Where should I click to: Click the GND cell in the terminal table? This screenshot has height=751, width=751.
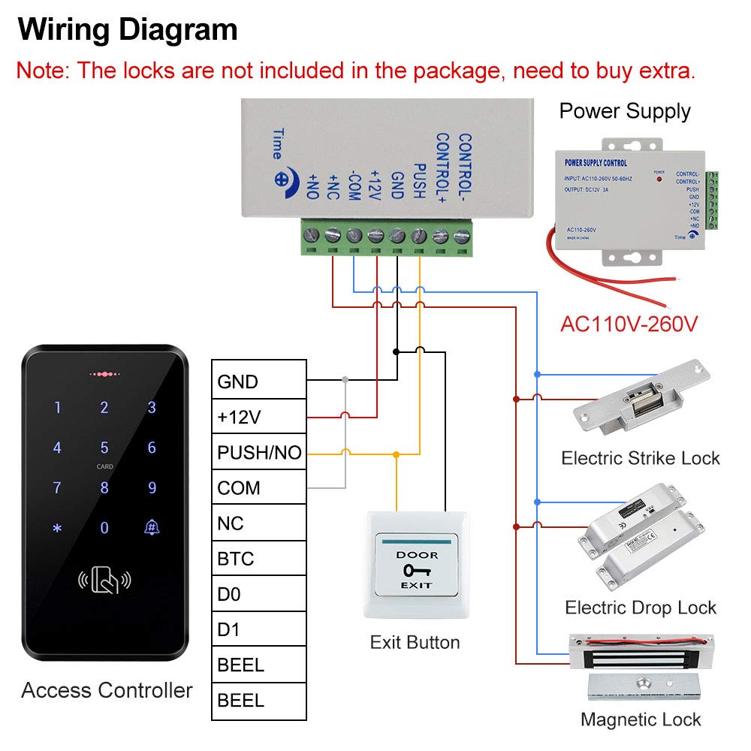tap(259, 382)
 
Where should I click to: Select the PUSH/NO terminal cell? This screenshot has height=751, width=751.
tap(259, 452)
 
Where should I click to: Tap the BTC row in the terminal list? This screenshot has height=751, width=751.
tap(259, 559)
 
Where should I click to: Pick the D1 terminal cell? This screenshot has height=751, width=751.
tap(259, 629)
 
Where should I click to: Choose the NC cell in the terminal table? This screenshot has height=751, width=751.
tap(259, 523)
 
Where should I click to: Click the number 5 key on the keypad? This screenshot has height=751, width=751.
tap(104, 448)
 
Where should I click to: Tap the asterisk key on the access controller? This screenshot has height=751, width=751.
tap(57, 528)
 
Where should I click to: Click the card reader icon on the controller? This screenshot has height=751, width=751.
tap(104, 581)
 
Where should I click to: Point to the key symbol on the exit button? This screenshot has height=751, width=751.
tap(415, 570)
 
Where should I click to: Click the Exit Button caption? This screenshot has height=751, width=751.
tap(415, 642)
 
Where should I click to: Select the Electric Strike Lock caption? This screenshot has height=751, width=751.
tap(641, 457)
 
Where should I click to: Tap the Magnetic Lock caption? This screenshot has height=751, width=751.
tap(641, 719)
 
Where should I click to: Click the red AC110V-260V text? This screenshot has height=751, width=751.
tap(629, 324)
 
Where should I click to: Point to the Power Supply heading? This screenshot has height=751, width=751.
tap(625, 111)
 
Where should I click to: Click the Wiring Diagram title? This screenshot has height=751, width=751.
tap(128, 31)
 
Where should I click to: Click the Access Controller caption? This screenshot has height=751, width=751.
tap(107, 690)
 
